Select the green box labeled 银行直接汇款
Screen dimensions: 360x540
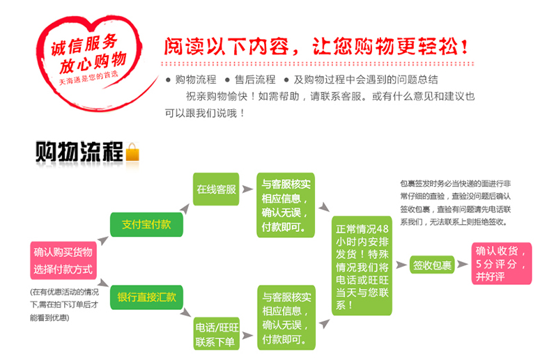click(146, 297)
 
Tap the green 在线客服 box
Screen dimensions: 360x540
click(216, 189)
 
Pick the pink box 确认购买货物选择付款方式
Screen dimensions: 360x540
click(63, 260)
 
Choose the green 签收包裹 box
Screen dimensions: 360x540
click(432, 265)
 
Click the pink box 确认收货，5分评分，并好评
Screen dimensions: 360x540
click(502, 265)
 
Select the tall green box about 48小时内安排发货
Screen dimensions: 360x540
click(362, 267)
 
